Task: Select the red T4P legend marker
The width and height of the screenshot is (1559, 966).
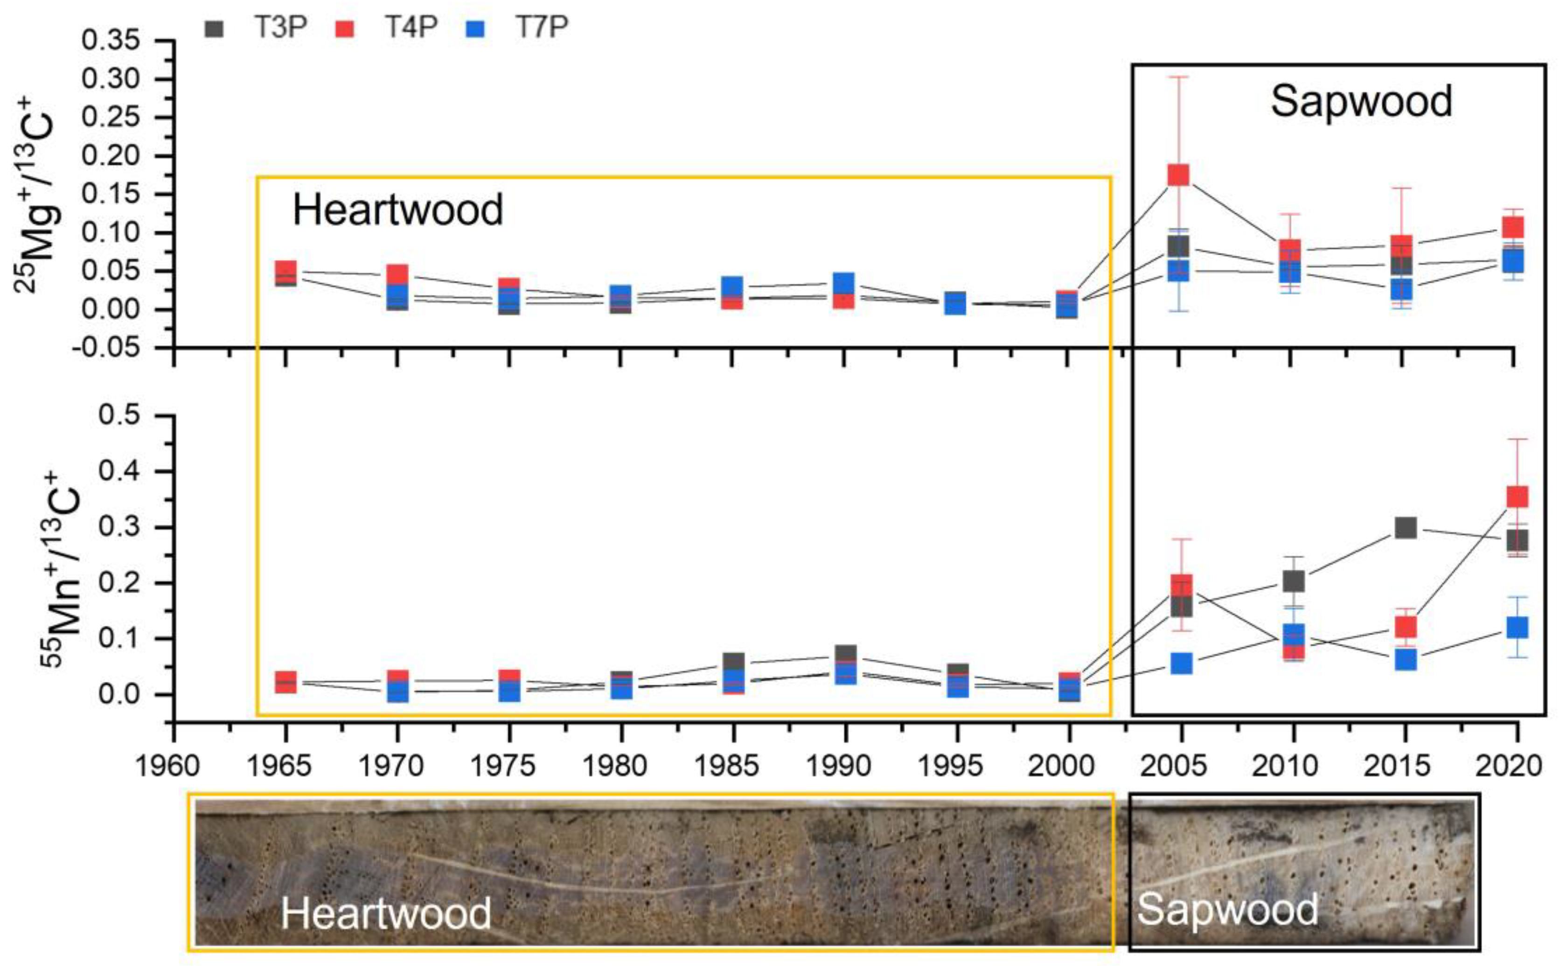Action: [x=344, y=29]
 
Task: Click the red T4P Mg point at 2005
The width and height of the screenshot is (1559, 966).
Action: [x=1178, y=175]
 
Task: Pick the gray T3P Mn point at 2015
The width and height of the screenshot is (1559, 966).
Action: [x=1405, y=528]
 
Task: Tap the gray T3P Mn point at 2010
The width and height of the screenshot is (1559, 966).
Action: [x=1293, y=581]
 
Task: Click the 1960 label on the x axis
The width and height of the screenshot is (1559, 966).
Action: [x=167, y=765]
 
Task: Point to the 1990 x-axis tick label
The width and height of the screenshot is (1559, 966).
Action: [x=839, y=765]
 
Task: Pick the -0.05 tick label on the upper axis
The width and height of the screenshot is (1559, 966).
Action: [x=111, y=348]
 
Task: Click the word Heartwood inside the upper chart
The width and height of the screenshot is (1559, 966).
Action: [x=397, y=210]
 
